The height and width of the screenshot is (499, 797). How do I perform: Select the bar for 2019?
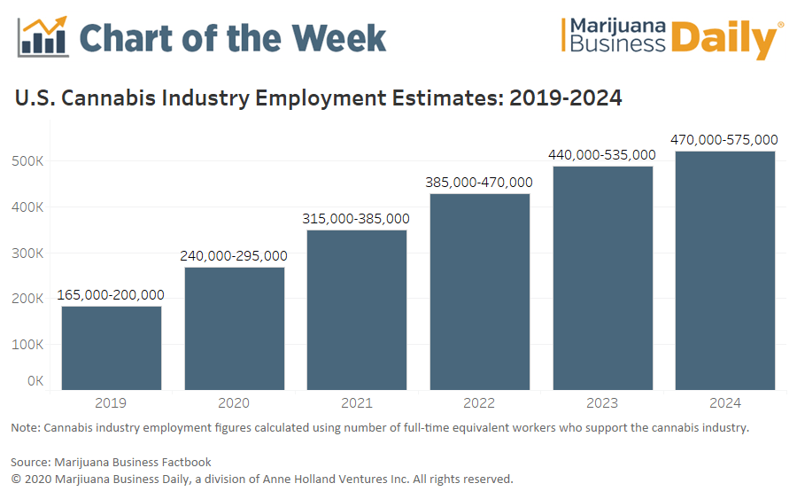[112, 347]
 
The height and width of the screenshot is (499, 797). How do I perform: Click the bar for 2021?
[357, 309]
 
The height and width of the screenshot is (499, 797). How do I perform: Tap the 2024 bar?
[725, 270]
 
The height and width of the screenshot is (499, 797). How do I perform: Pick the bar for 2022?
[480, 292]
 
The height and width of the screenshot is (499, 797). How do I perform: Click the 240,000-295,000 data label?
[234, 256]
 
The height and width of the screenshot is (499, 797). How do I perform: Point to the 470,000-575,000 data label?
[725, 139]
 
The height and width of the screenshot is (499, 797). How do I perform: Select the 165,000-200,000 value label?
[112, 295]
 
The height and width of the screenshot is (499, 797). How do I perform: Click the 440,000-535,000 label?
[602, 155]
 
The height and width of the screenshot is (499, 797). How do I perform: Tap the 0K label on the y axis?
[35, 381]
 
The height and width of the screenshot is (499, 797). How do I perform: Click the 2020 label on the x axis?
[234, 403]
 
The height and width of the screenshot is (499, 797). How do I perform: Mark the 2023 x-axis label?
[602, 403]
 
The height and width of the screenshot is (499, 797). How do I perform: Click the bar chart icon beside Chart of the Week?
[43, 36]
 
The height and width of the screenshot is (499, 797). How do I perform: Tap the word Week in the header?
[340, 37]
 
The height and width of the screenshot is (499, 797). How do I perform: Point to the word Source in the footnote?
[30, 462]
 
